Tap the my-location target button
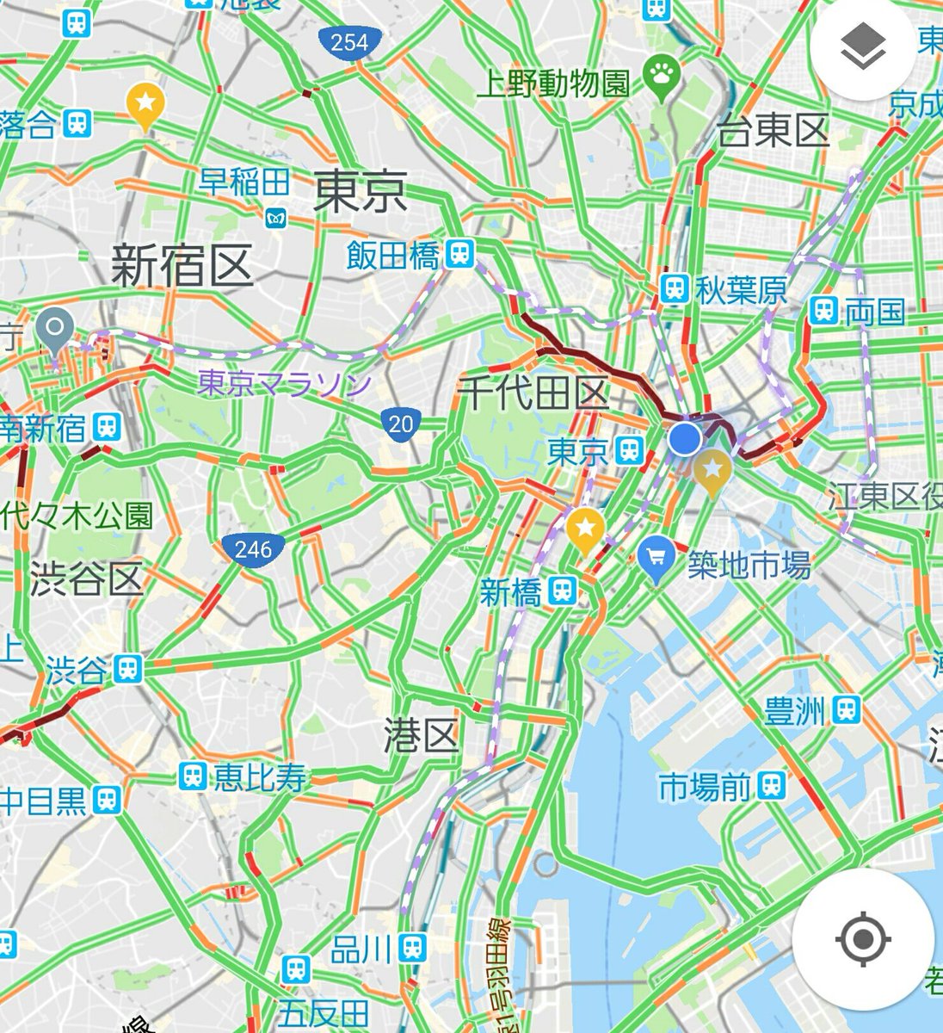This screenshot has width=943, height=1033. pos(863,938)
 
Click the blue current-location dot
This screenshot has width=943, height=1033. pos(685,438)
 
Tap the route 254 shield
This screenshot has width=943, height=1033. pos(348,42)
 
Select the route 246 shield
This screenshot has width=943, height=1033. pos(252,548)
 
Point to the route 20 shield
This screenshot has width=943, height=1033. pos(400,423)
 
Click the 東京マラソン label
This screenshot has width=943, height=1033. pos(284,383)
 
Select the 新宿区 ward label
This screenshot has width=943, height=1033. pos(182,264)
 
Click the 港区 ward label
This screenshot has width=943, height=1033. pos(421,736)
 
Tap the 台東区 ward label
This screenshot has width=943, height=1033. pos(773,131)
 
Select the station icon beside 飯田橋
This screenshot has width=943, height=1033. pos(460,254)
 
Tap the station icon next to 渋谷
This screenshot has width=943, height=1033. pos(128,669)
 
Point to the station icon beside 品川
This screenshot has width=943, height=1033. pos(414,949)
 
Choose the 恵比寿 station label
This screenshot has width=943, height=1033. pos(260,778)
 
